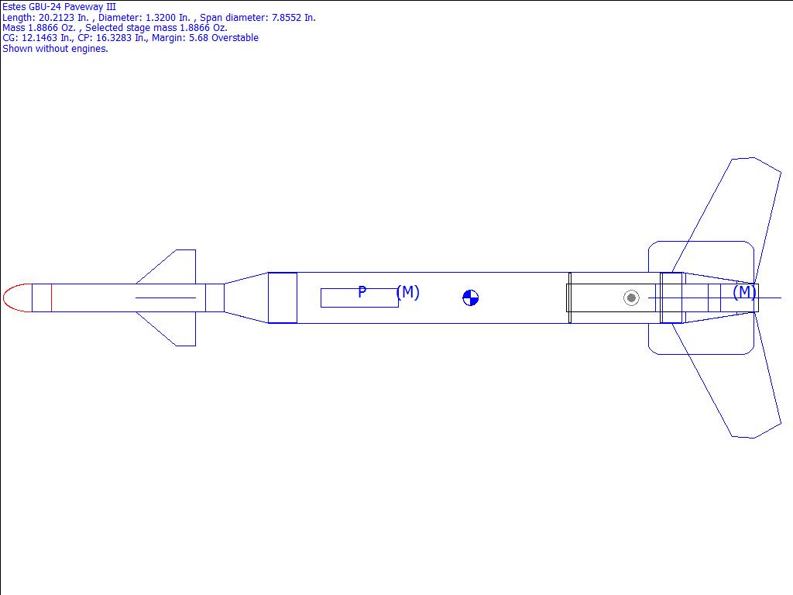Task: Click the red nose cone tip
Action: pyautogui.click(x=4, y=298)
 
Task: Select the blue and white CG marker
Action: pyautogui.click(x=470, y=298)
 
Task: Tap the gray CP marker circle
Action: pyautogui.click(x=631, y=298)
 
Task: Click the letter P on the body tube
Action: pyautogui.click(x=362, y=292)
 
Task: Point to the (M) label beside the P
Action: pyautogui.click(x=407, y=292)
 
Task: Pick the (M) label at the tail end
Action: pyautogui.click(x=744, y=292)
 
